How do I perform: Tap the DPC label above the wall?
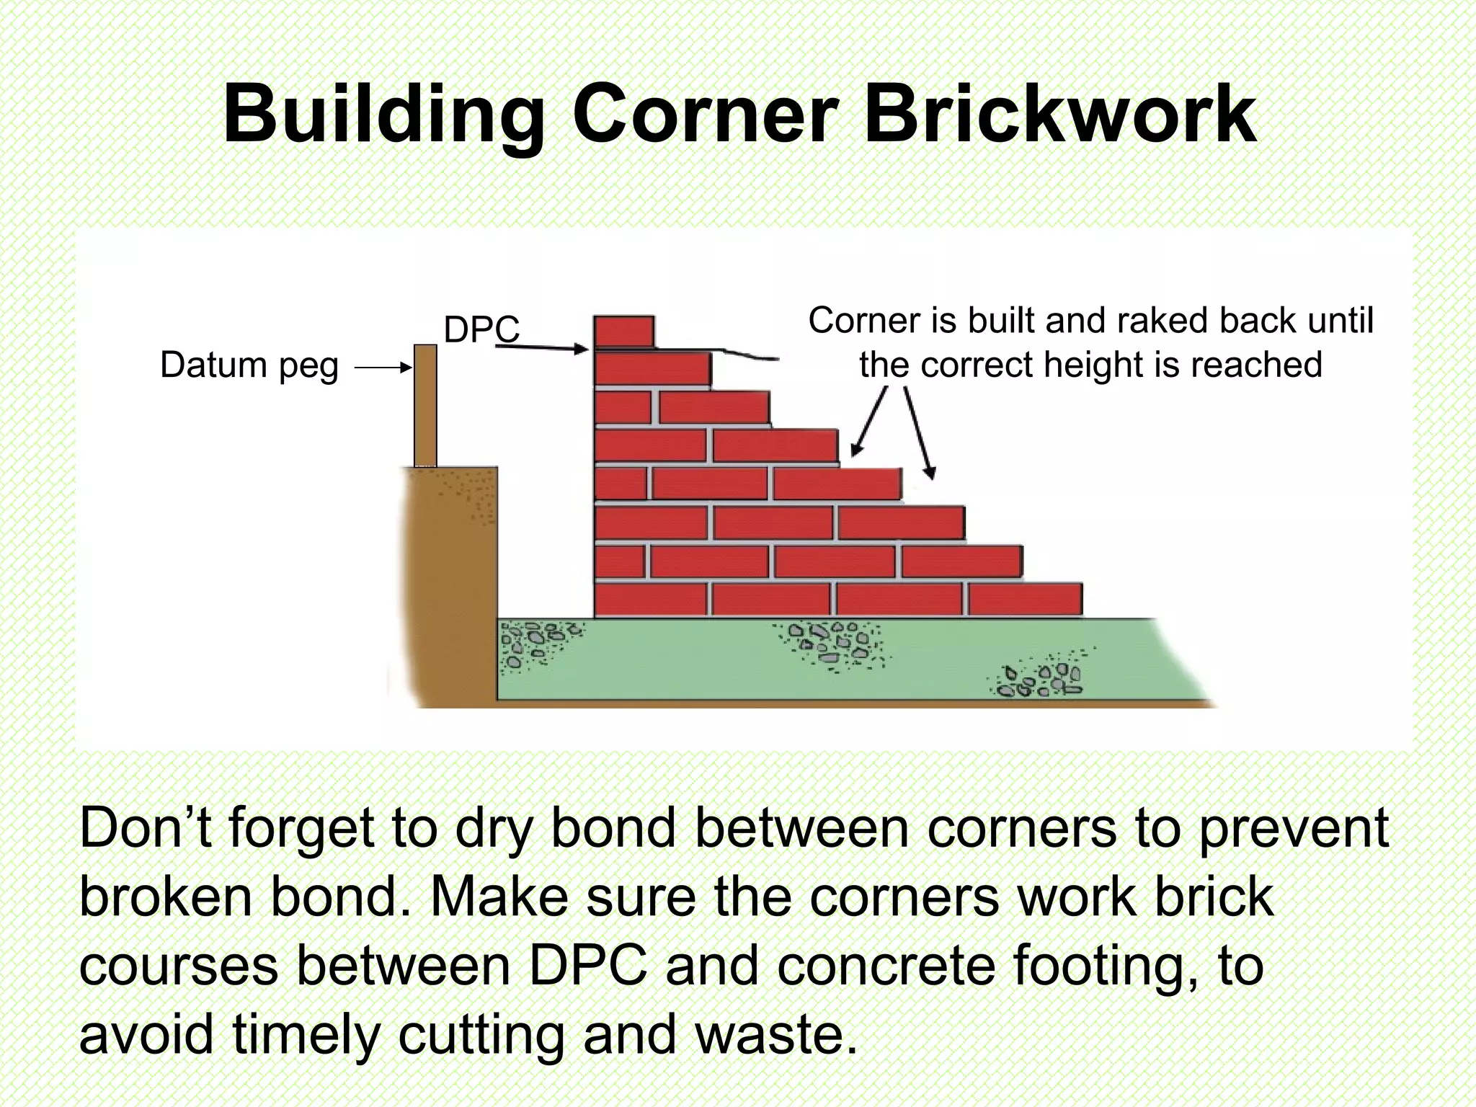[481, 329]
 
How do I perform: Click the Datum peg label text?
[249, 365]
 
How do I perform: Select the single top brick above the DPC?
[624, 332]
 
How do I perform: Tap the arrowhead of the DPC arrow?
[582, 350]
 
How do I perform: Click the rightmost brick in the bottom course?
[1025, 600]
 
